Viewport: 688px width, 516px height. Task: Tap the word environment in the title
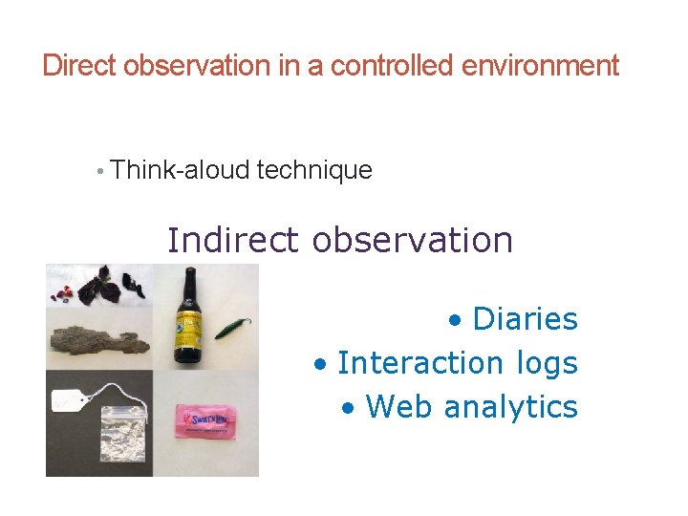pos(540,66)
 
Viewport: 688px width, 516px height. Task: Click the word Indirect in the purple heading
pos(234,240)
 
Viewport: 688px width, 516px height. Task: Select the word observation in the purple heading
pos(413,240)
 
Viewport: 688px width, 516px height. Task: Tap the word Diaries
pos(525,319)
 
